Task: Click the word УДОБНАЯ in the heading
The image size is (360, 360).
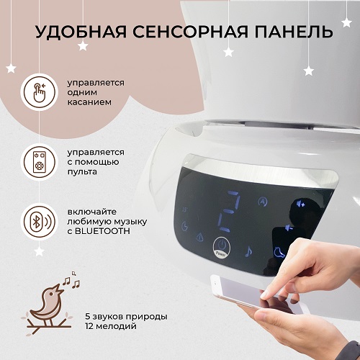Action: [x=81, y=32]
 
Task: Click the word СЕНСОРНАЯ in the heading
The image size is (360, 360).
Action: [x=190, y=32]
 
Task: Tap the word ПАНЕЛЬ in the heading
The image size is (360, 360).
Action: [x=294, y=32]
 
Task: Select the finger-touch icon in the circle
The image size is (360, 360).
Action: [x=39, y=92]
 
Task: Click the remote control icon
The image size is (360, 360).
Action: [x=39, y=162]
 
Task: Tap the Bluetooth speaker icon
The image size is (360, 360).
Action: [x=39, y=222]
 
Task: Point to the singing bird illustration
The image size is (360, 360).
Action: [x=50, y=304]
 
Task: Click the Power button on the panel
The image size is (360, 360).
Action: [x=222, y=248]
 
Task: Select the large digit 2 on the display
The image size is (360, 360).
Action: [x=229, y=212]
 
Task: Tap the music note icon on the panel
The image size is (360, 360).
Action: [x=248, y=251]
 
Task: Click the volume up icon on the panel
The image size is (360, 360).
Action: [x=300, y=204]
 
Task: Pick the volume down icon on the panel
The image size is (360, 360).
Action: [x=289, y=228]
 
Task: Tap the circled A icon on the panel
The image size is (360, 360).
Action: [x=263, y=202]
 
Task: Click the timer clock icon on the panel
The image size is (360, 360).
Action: [x=184, y=226]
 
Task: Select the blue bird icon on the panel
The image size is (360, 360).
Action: [x=279, y=252]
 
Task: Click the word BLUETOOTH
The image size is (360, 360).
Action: [x=102, y=231]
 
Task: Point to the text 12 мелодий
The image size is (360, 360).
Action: [x=111, y=326]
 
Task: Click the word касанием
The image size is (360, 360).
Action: [x=89, y=102]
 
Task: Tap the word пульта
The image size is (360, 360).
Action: [x=82, y=172]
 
